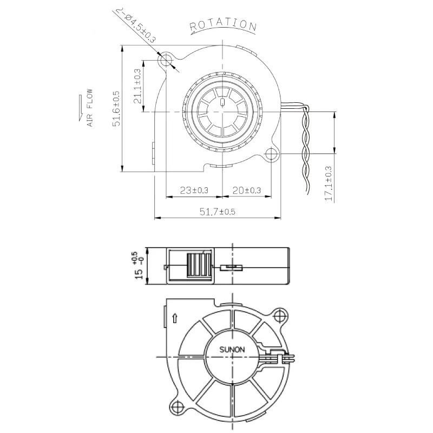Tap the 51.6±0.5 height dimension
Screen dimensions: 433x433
click(115, 109)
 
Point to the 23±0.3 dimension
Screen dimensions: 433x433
click(194, 190)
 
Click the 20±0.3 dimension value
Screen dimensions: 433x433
click(247, 190)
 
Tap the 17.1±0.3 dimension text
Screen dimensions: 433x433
click(329, 184)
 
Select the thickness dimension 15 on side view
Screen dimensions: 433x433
click(140, 275)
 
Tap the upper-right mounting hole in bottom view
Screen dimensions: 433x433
click(279, 315)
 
